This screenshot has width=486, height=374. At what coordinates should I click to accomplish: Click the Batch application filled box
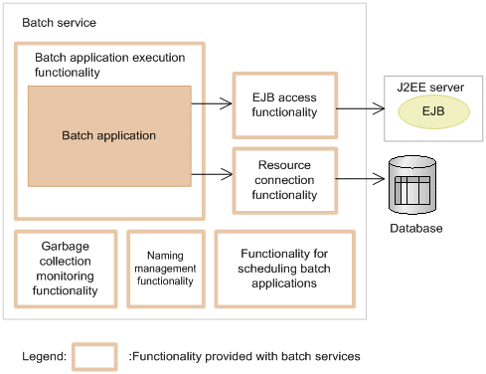pos(109,135)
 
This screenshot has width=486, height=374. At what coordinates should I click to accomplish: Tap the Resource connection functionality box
pos(284,180)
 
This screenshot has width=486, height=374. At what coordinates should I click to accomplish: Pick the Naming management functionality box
pos(165,269)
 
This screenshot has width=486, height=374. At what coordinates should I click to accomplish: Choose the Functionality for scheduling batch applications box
pos(283,269)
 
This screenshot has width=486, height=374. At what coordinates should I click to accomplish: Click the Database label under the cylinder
pos(415,229)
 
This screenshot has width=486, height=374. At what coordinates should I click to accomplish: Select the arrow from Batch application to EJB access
pos(211,101)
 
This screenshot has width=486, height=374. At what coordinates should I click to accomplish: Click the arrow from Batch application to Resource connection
pos(211,175)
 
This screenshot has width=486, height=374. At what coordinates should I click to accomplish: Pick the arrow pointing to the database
pos(359,179)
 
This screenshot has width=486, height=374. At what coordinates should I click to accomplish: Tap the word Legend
pos(45,355)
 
